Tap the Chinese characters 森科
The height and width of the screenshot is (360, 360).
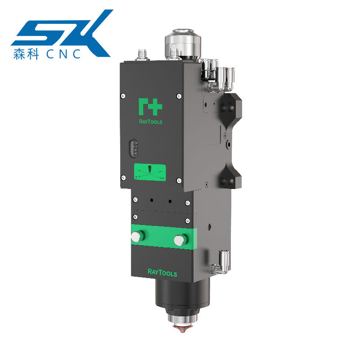point(26,54)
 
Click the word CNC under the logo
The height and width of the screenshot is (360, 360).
point(63,54)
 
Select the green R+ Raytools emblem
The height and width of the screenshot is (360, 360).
point(150,107)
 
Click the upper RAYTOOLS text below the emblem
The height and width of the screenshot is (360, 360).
point(151,121)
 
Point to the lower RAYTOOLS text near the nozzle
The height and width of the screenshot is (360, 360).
point(162,273)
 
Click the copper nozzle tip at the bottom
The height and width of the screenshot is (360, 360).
point(182,329)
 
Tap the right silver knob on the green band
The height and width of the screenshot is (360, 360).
point(180,240)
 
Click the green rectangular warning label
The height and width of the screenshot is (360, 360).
point(150,172)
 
